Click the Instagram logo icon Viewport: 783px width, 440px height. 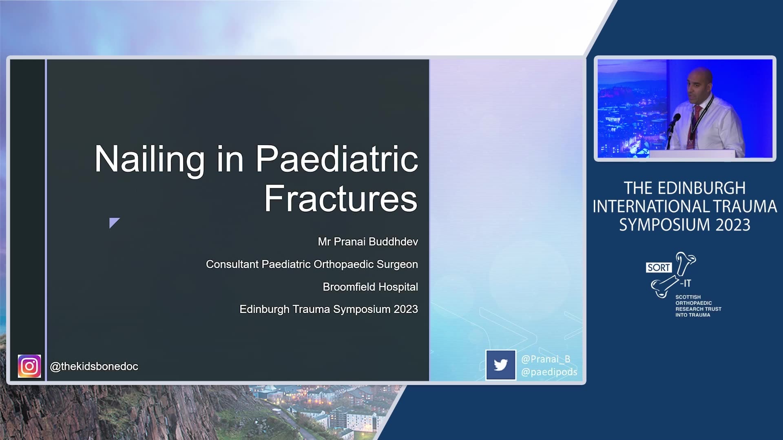pos(29,366)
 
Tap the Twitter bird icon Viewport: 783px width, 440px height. pos(500,365)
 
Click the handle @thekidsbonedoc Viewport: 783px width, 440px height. pos(94,366)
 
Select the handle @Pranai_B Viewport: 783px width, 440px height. pos(546,359)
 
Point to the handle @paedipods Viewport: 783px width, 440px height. pos(549,372)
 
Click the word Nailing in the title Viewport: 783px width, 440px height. pos(149,160)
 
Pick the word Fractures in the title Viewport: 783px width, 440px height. pos(341,198)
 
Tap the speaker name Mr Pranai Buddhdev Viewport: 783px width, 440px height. pos(368,242)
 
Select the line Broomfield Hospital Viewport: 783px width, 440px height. pos(370,287)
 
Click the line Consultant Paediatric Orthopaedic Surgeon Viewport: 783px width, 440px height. pos(312,264)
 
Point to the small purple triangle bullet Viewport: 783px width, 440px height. pos(114,222)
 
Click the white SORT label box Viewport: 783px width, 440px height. pos(659,267)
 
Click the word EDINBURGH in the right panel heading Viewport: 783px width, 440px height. pos(701,188)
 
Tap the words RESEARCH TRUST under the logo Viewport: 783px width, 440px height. pos(698,309)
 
